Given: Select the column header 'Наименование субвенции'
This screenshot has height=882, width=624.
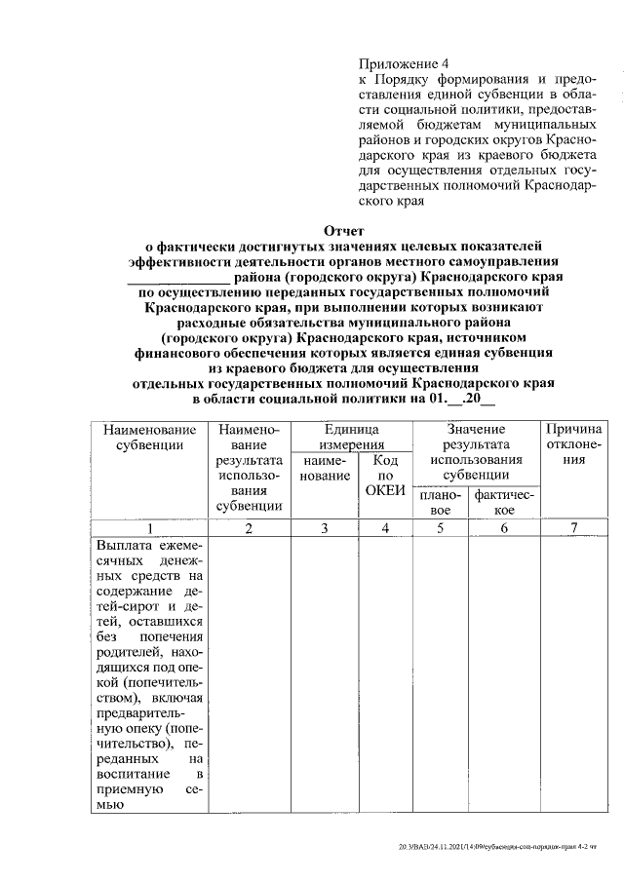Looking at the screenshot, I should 149,438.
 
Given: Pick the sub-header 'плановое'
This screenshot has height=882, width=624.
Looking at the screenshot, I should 441,503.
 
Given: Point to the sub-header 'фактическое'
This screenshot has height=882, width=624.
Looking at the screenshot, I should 504,503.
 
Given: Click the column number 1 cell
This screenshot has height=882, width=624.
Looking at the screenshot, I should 149,528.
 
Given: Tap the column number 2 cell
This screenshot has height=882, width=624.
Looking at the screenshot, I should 250,528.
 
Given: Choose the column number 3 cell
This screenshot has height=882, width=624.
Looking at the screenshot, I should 325,528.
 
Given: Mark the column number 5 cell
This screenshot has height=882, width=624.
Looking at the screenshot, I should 441,528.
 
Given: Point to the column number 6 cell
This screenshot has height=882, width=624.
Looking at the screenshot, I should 504,528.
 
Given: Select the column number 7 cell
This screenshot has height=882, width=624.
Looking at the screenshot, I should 573,528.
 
